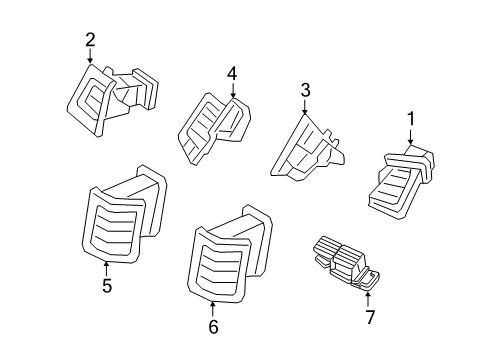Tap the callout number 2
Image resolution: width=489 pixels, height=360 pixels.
point(90,40)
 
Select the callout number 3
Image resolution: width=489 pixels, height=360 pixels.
point(306,92)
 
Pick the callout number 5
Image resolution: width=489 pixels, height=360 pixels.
point(106,286)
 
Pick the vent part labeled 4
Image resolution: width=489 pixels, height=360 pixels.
point(213,128)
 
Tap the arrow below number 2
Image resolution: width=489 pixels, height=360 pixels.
point(90,58)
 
